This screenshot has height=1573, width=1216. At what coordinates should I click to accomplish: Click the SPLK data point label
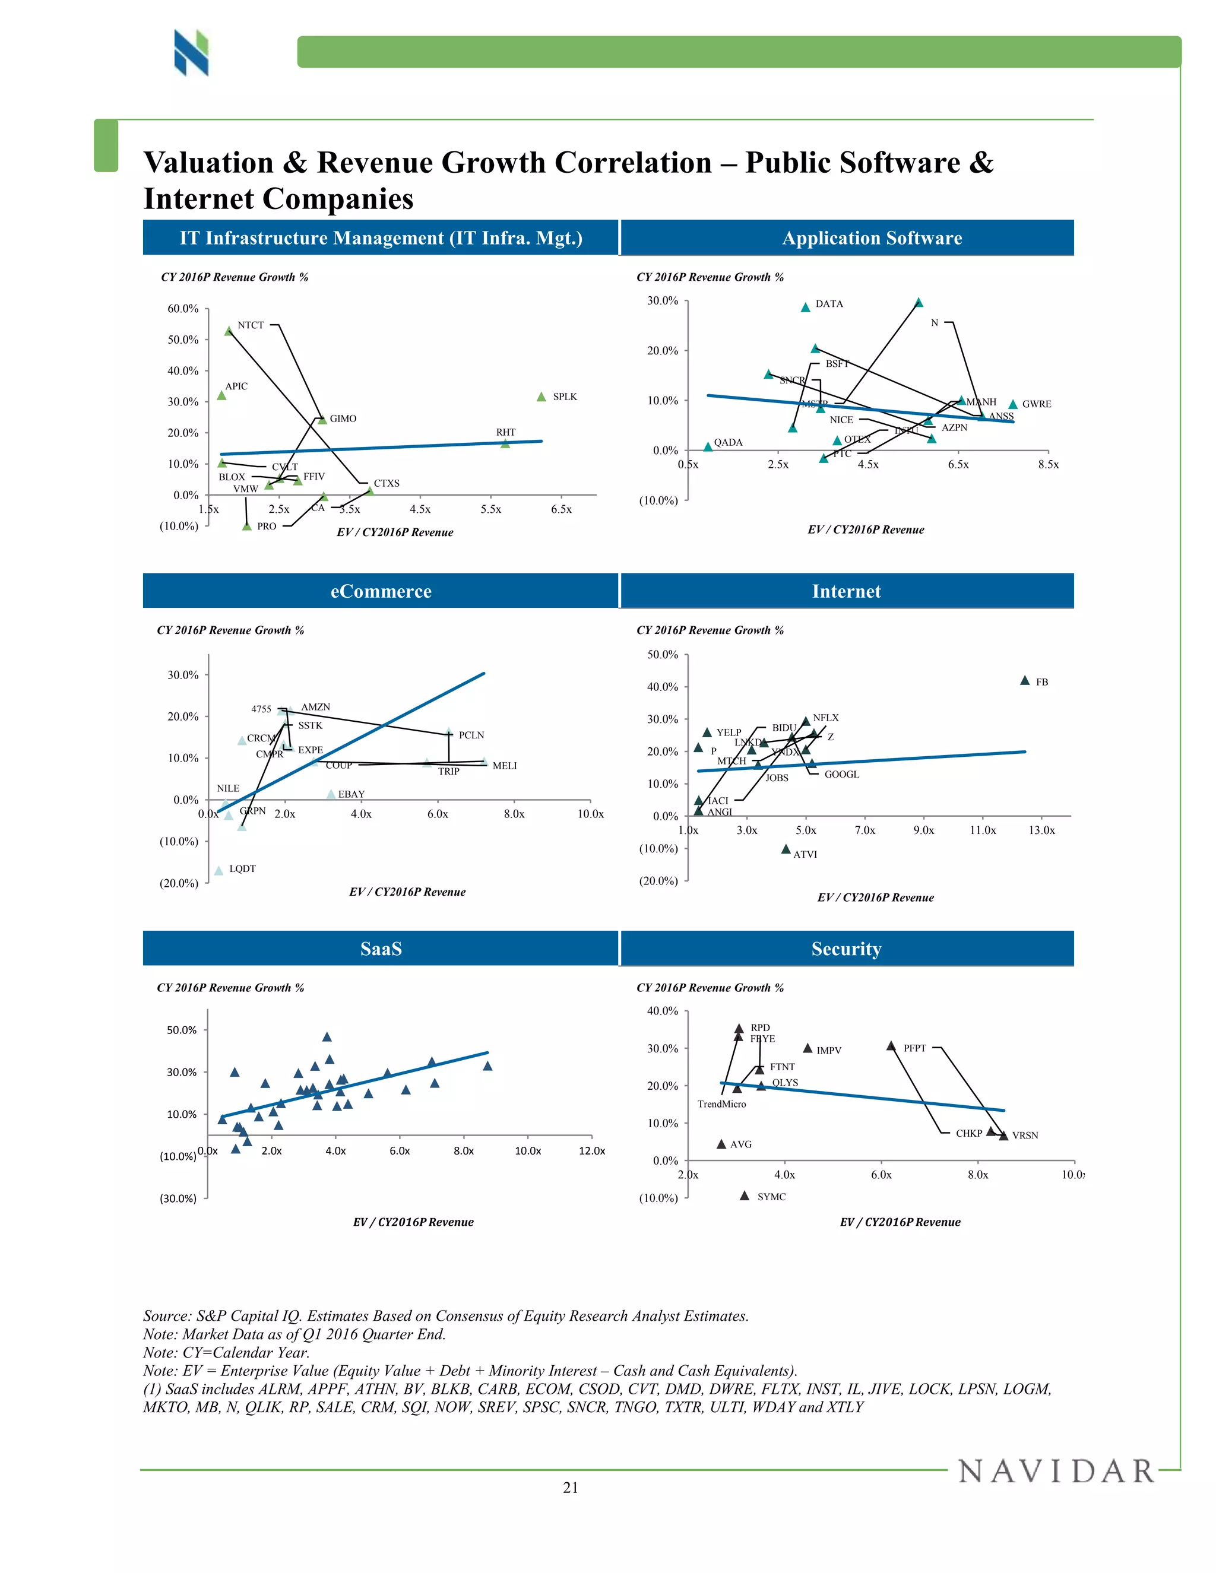tap(565, 397)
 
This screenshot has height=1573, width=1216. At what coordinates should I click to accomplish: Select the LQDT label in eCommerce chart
tap(242, 868)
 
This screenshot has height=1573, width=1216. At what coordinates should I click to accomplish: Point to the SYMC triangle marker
tap(744, 1195)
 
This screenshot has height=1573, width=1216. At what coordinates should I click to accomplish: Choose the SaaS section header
tap(381, 949)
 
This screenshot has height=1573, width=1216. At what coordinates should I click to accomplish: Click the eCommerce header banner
tap(381, 591)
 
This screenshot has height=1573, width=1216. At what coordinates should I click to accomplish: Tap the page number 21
tap(570, 1488)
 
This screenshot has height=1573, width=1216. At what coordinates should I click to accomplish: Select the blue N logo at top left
tap(191, 53)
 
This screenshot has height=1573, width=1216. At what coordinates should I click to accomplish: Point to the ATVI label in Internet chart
tap(805, 854)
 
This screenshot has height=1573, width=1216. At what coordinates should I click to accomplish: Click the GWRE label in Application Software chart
tap(1036, 404)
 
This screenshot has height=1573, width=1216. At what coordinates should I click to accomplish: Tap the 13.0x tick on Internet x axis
tap(1041, 830)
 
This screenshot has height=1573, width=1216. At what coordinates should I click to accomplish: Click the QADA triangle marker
tap(707, 446)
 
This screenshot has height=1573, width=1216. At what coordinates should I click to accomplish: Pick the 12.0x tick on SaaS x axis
tap(591, 1151)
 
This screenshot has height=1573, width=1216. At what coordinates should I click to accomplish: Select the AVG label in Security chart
tap(740, 1144)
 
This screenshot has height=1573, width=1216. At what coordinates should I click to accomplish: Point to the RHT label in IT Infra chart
tap(506, 432)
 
